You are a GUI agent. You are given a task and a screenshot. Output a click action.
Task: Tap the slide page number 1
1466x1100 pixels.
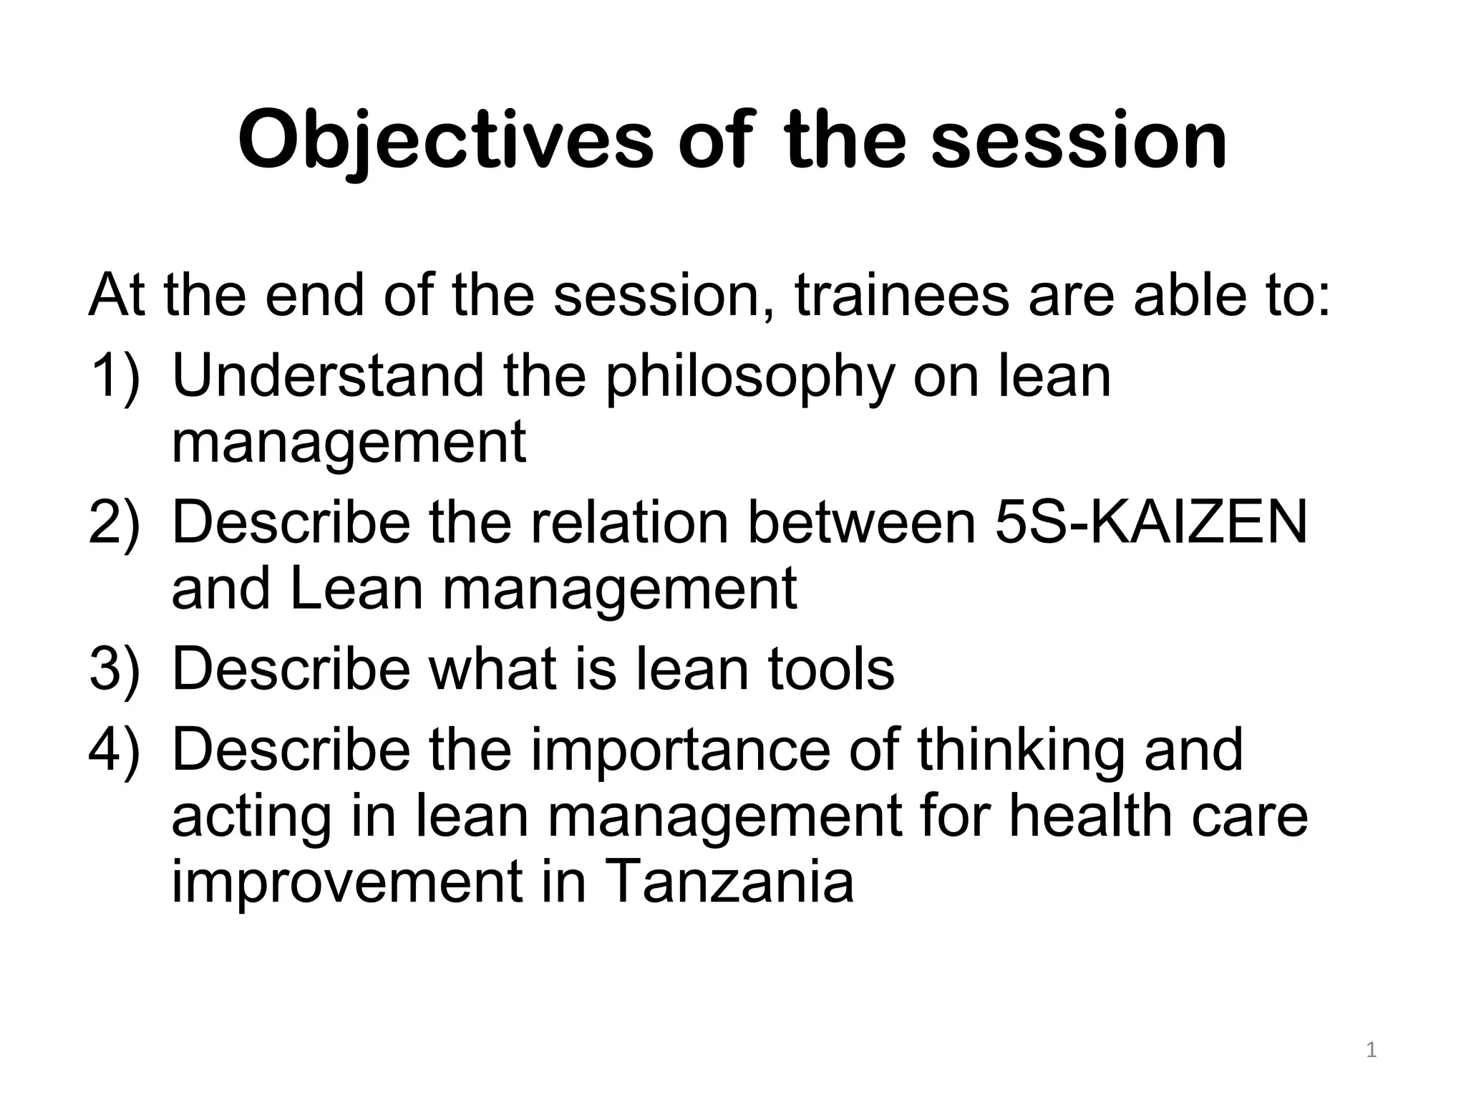point(1371,1051)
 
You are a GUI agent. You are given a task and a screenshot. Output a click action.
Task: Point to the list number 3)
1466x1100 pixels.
point(115,669)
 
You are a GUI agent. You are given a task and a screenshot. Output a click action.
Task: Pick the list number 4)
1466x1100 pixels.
point(115,750)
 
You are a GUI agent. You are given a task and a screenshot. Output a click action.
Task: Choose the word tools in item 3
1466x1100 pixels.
point(831,669)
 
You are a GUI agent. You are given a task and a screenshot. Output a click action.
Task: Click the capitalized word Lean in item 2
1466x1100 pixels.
point(358,589)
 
